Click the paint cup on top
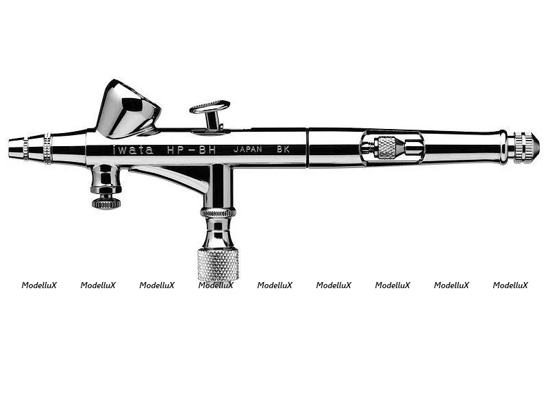(127, 108)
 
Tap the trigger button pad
(210, 106)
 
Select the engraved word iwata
(133, 150)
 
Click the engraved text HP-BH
(191, 150)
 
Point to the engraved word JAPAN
(248, 149)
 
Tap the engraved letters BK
(283, 149)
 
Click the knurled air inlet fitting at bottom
(218, 264)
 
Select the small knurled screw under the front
(106, 202)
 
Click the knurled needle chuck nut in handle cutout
(386, 148)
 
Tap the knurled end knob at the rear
(526, 148)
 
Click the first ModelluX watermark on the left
(39, 285)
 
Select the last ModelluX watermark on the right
(510, 285)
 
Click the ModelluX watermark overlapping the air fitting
(216, 285)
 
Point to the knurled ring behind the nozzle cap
(47, 149)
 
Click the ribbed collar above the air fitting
(218, 213)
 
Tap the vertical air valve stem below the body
(218, 185)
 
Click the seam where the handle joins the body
(307, 148)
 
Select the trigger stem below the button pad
(213, 121)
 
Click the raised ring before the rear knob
(503, 148)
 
